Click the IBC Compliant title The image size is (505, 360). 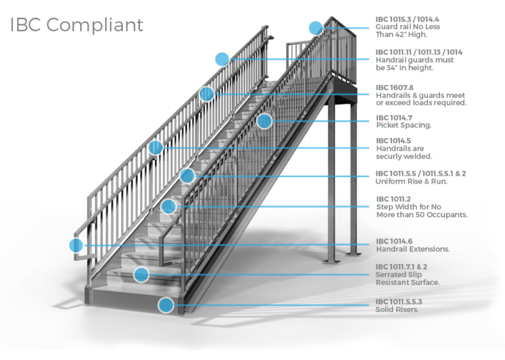tap(76, 25)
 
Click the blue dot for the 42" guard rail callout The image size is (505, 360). tap(316, 28)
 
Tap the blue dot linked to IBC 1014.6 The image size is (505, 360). tap(76, 245)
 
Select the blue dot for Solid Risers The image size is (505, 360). tap(166, 305)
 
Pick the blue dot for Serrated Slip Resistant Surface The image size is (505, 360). tap(141, 274)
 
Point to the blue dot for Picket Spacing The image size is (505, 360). tap(264, 121)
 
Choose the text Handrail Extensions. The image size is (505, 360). tap(413, 249)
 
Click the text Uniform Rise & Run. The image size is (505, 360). tap(412, 182)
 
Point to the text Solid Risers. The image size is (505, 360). tap(397, 309)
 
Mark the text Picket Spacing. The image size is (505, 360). tap(404, 124)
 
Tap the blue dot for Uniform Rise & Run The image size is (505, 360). tap(187, 176)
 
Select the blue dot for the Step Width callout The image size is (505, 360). tap(169, 207)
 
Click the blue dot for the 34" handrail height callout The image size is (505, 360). tap(222, 59)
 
